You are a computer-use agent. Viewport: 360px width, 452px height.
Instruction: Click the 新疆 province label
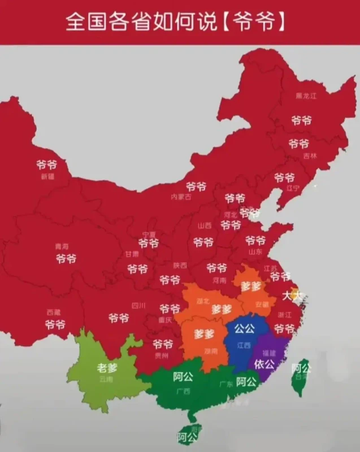(x=47, y=176)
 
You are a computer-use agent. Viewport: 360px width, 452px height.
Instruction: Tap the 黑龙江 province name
(x=306, y=96)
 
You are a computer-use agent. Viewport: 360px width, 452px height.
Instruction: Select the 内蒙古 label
(x=181, y=197)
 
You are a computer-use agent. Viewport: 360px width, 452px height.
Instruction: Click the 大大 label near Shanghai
(x=292, y=294)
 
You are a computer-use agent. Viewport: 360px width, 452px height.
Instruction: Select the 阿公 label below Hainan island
(x=186, y=437)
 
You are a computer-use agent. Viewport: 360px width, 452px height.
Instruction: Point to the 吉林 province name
(x=310, y=155)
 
